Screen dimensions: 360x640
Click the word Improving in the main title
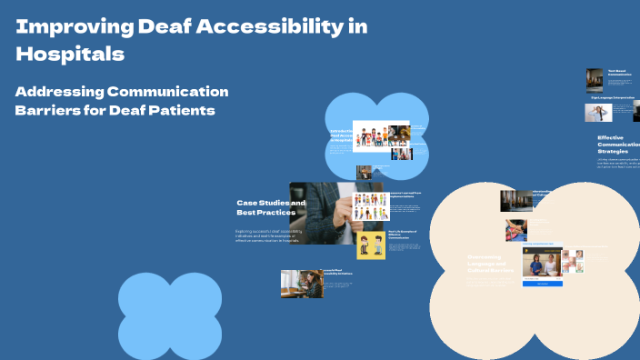click(74, 26)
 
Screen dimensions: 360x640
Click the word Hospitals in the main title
click(70, 54)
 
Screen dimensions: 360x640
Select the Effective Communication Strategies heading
click(618, 145)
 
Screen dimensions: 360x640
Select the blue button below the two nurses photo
click(542, 284)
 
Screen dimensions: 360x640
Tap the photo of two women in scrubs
click(542, 264)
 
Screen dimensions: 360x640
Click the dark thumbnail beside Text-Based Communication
click(595, 79)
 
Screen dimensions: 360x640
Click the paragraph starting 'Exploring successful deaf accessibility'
click(268, 235)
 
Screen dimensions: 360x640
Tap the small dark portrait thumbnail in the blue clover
click(364, 171)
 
